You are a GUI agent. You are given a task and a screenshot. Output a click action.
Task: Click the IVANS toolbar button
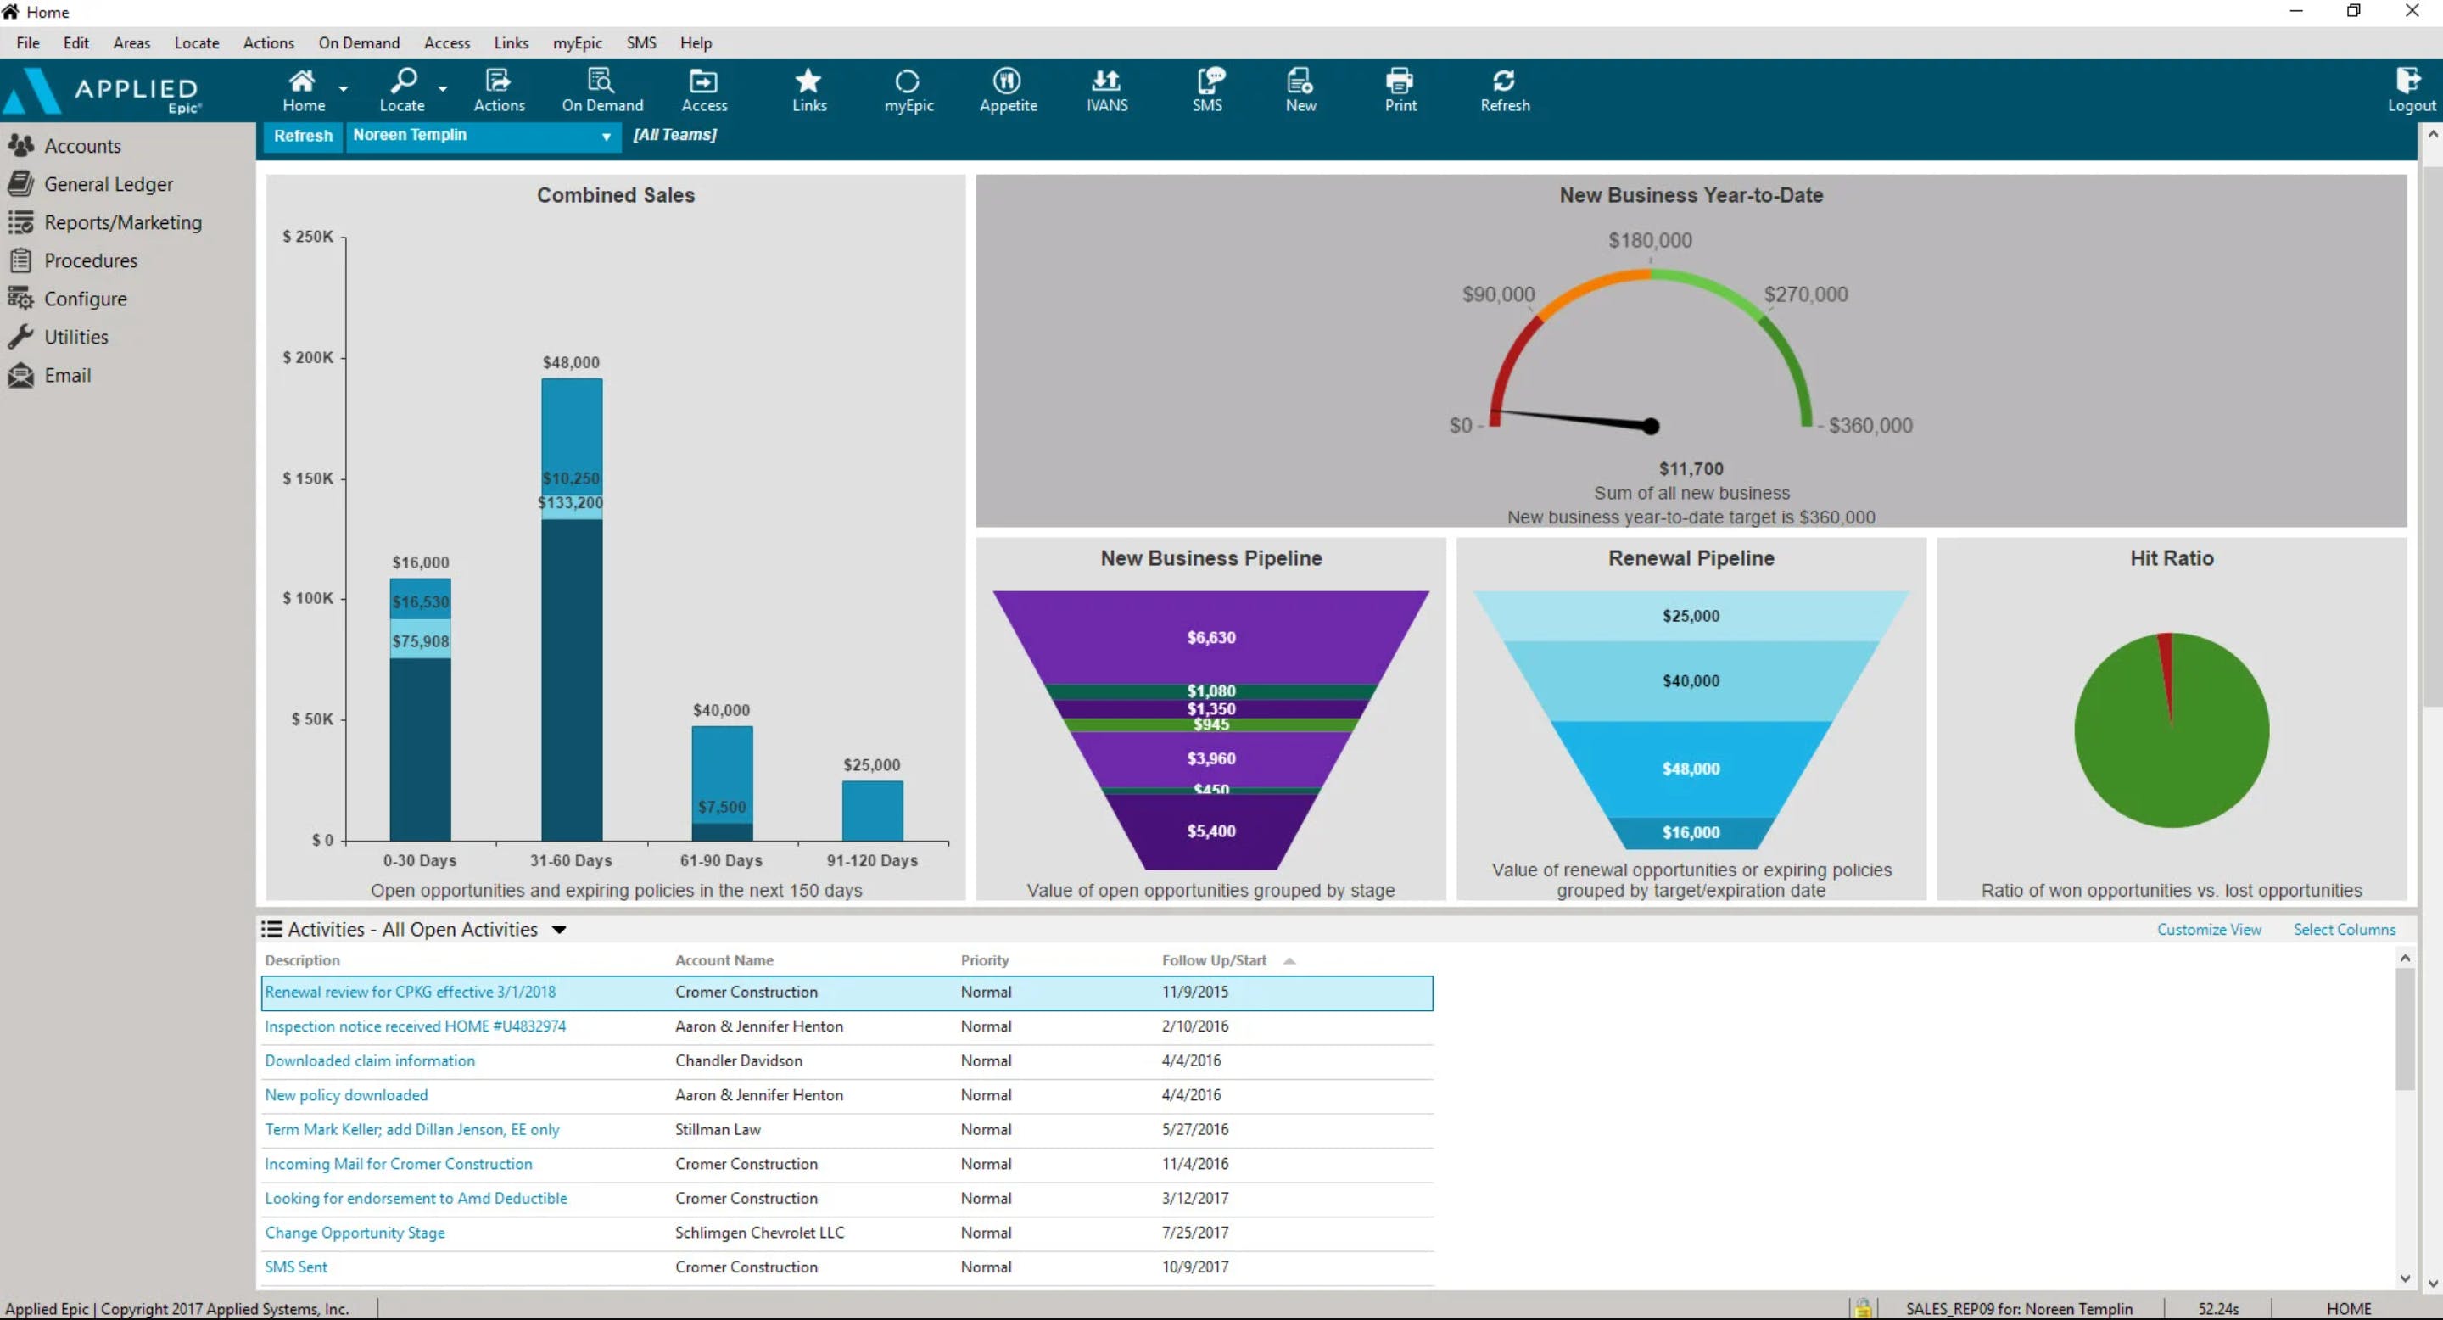(x=1107, y=90)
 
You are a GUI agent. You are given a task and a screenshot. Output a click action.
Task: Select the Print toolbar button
(x=1400, y=90)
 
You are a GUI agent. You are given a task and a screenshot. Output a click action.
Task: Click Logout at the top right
(x=2410, y=90)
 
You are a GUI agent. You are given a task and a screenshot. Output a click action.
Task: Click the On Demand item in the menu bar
(x=359, y=42)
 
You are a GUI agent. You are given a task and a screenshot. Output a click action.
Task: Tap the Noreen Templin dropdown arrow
(x=605, y=137)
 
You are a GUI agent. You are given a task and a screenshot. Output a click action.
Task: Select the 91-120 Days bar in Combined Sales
(x=871, y=810)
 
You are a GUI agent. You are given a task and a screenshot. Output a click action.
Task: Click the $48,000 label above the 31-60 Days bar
(x=571, y=362)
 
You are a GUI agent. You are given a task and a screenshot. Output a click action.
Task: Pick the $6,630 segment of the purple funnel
(x=1211, y=637)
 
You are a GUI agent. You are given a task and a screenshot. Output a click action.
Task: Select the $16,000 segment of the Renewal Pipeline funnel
(x=1690, y=832)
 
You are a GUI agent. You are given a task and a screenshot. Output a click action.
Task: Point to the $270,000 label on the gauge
(x=1806, y=294)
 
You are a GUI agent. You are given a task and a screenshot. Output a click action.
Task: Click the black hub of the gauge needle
(x=1651, y=427)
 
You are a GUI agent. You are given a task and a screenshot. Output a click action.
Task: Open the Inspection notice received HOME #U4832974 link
(x=416, y=1026)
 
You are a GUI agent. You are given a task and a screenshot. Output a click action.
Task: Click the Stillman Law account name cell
(x=718, y=1129)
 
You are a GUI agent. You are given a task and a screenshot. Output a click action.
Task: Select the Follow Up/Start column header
(x=1214, y=960)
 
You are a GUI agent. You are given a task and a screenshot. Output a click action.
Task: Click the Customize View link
(x=2209, y=929)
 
